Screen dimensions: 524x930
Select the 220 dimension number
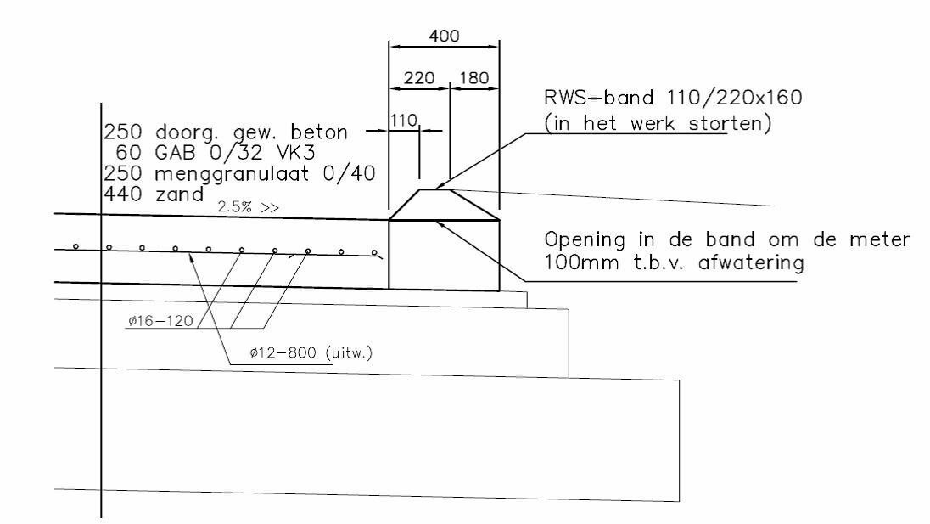point(419,78)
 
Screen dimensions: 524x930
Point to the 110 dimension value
point(403,121)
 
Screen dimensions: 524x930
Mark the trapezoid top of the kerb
point(444,204)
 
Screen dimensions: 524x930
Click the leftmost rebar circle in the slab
point(76,247)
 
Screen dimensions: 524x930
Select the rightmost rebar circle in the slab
point(374,253)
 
